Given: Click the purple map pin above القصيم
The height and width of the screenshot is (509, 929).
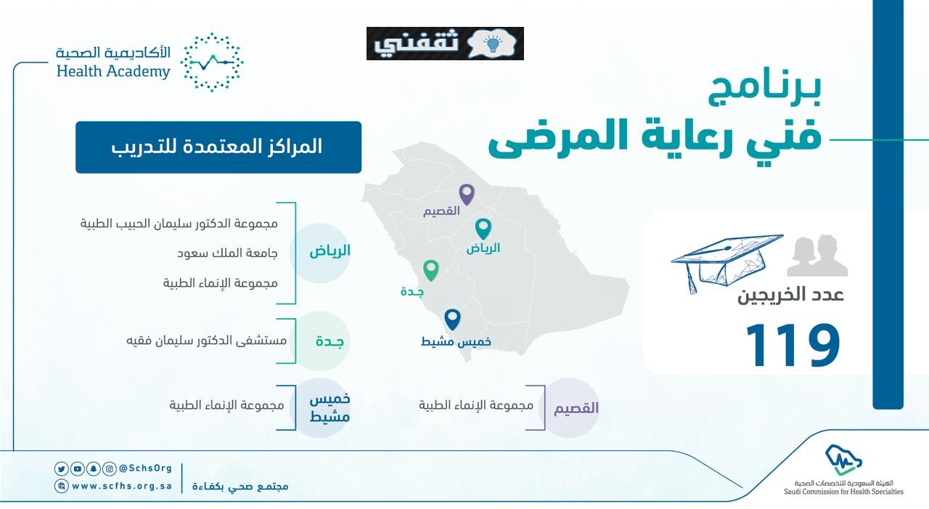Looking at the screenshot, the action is [467, 194].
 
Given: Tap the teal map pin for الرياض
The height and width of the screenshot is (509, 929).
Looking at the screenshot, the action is [483, 229].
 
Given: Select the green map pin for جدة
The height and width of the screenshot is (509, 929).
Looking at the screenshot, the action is [431, 270].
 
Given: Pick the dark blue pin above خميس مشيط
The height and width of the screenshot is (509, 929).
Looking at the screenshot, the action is [452, 319].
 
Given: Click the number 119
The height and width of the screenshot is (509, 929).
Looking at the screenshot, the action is [793, 345].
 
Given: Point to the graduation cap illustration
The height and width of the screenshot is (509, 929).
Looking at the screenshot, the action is [727, 264].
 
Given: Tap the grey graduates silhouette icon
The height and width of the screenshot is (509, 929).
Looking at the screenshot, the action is [817, 256].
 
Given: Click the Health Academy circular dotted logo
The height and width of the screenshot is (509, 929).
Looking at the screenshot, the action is [212, 62].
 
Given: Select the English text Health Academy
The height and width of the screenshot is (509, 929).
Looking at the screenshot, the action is [113, 71].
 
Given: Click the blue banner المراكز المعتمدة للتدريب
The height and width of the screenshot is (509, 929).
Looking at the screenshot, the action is [218, 147].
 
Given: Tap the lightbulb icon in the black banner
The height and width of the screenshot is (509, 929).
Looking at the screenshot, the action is [492, 44].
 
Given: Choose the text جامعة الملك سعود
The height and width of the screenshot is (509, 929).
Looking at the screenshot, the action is [227, 253].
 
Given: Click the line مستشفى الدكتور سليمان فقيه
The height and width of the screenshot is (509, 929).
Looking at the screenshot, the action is [207, 341].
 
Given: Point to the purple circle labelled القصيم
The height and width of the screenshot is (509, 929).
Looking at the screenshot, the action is [570, 408].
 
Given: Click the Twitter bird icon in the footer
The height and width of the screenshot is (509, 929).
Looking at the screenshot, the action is [62, 469].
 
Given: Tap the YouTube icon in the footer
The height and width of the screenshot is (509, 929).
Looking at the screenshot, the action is [77, 469].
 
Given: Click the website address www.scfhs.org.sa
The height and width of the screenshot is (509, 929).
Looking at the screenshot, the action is [122, 486].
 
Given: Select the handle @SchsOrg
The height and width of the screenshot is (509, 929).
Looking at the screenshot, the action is [145, 468].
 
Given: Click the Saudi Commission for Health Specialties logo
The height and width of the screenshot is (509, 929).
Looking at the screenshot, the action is [843, 470].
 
